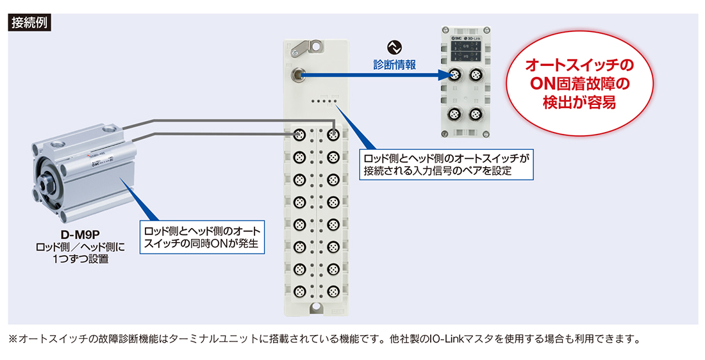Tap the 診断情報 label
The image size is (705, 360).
[394, 64]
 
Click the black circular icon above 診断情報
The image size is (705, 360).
[394, 47]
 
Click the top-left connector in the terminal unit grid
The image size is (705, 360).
[299, 135]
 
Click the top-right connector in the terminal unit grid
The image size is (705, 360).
[332, 135]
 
